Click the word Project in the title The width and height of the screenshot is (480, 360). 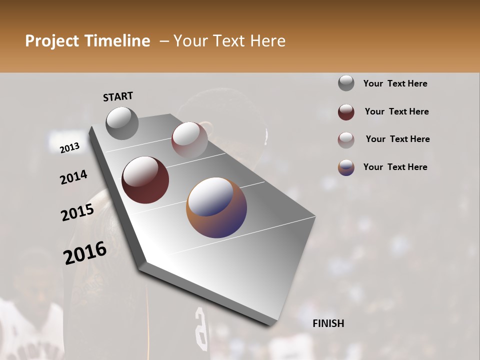pos(51,41)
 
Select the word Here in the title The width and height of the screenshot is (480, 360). pos(267,41)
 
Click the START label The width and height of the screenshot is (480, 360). pos(118,96)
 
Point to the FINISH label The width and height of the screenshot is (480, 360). pos(328,323)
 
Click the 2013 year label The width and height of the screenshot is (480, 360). pos(70,148)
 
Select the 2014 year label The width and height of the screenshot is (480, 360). pos(73,177)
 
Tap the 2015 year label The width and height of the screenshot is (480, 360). pos(77,213)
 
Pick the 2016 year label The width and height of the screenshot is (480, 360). pos(85,253)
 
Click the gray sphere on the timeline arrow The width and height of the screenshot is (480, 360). pos(122,123)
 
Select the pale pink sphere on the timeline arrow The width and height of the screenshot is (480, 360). pos(189,140)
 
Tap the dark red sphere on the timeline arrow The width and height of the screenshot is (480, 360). pos(145,180)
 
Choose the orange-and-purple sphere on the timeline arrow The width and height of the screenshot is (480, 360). pos(216,207)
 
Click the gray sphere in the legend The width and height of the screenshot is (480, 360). pos(346,83)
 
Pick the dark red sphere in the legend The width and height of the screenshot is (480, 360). pos(346,112)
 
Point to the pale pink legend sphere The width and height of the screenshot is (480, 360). pos(346,140)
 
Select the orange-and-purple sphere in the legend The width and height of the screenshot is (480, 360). pos(346,167)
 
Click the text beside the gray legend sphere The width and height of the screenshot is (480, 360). pos(395,83)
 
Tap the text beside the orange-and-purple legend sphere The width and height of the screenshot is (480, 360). pos(395,167)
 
